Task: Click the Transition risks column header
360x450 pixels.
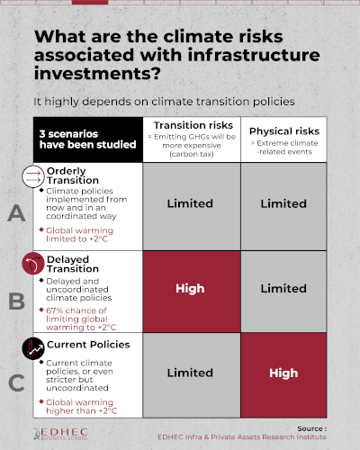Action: tap(192, 139)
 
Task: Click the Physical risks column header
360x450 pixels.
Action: tap(283, 139)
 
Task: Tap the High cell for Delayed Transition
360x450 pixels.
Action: tap(192, 292)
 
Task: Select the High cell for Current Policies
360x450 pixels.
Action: tap(283, 375)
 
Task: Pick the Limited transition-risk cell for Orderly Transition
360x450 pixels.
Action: tap(192, 207)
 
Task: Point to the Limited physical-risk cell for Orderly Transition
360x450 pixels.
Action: tap(283, 207)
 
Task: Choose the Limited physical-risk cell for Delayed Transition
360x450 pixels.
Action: tap(283, 292)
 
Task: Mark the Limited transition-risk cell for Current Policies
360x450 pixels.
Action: tap(192, 375)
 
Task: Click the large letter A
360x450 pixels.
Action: tap(16, 213)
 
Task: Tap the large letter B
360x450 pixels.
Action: tap(16, 301)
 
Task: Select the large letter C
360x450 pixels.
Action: tap(16, 382)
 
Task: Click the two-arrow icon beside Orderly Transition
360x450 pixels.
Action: tap(33, 176)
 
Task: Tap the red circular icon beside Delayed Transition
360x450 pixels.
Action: tap(33, 264)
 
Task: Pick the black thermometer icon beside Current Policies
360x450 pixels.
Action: tap(33, 348)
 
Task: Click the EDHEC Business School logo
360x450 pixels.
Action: tap(61, 434)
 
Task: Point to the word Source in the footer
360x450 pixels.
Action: tap(310, 428)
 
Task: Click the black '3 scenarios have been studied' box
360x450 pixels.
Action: tap(88, 139)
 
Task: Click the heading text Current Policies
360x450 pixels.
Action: tap(88, 345)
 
